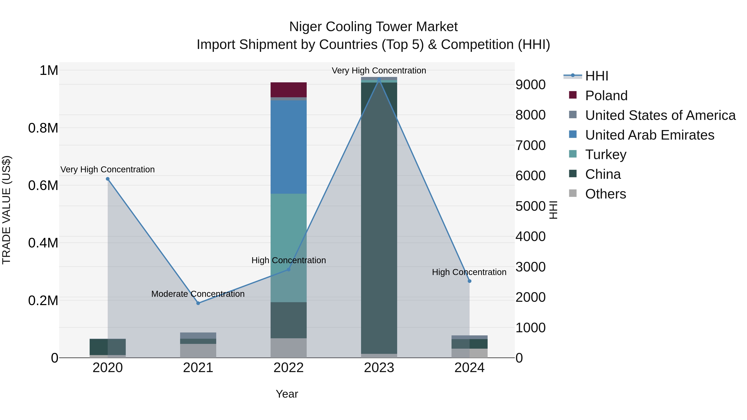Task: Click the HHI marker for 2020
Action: click(x=107, y=179)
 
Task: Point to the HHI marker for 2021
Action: click(x=198, y=303)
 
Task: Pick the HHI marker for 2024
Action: click(x=470, y=281)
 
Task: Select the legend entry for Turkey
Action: click(x=605, y=155)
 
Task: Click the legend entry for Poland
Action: click(x=606, y=96)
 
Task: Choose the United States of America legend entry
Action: click(x=660, y=115)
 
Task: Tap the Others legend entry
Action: click(x=605, y=194)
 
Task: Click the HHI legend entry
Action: click(x=597, y=76)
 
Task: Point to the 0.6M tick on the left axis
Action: click(x=43, y=185)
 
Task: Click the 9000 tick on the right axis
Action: click(x=530, y=85)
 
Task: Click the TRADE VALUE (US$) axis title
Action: click(x=7, y=210)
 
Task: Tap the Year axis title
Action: click(x=287, y=394)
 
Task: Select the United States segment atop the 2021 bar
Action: click(x=198, y=335)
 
